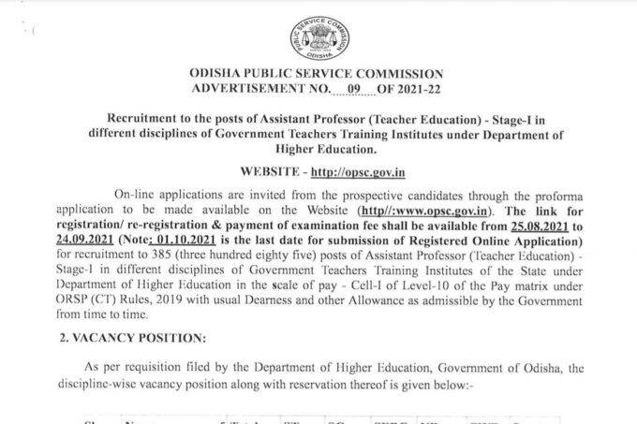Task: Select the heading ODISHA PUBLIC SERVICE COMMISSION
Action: [318, 71]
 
